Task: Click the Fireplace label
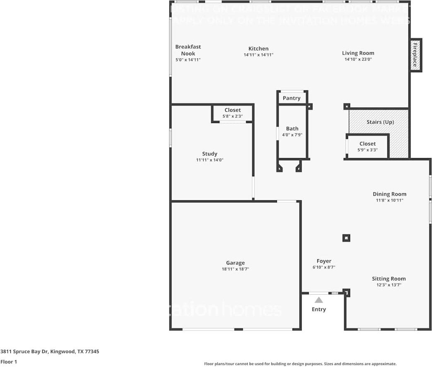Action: pos(415,55)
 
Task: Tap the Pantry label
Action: pos(292,98)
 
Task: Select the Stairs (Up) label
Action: pos(380,122)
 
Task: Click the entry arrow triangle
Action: pos(319,300)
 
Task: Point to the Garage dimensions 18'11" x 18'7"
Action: pos(235,269)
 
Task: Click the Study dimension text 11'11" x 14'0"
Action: pos(210,160)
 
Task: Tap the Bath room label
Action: pos(292,128)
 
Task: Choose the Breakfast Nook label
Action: pos(188,50)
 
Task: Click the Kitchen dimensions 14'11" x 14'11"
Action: pos(258,55)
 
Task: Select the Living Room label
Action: pos(358,53)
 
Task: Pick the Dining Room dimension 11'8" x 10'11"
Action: pos(389,200)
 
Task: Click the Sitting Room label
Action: pos(389,279)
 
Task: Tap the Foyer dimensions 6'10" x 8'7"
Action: pos(324,268)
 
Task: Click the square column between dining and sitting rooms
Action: pos(346,238)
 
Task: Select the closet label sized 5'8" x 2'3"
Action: pos(233,110)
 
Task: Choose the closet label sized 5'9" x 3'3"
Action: pos(367,144)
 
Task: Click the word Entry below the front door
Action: pos(319,309)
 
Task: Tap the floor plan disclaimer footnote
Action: pos(300,364)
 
